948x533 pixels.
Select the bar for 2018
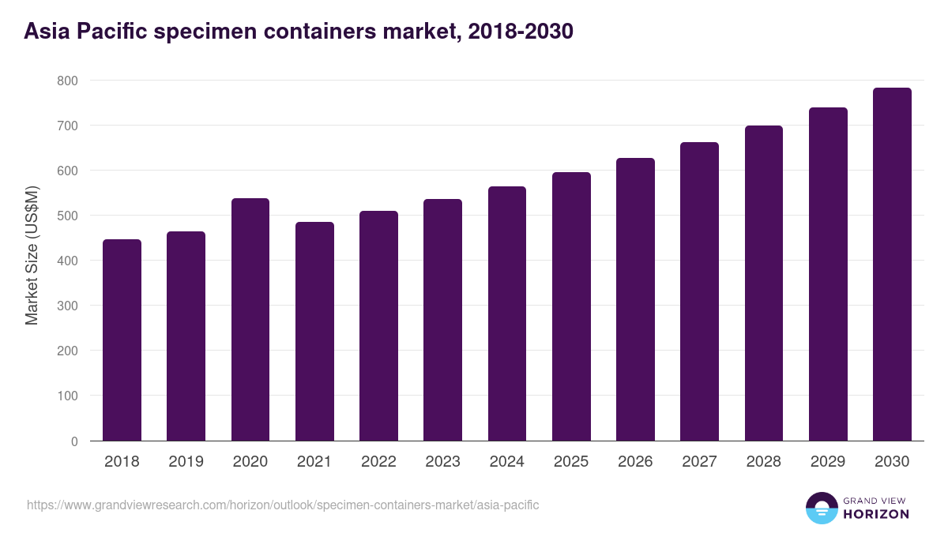point(122,340)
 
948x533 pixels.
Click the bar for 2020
point(250,319)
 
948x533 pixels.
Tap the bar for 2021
point(314,331)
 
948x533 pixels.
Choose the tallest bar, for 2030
point(892,264)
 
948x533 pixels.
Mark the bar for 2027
point(699,291)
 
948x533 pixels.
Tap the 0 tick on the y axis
point(74,441)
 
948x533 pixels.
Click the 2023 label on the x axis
point(442,462)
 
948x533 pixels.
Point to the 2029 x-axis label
point(828,462)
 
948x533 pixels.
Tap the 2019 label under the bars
point(186,462)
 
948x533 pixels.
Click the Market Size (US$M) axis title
point(32,256)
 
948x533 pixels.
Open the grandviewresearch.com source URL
point(283,505)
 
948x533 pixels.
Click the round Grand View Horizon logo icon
point(821,508)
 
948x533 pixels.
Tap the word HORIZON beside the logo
point(877,514)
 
